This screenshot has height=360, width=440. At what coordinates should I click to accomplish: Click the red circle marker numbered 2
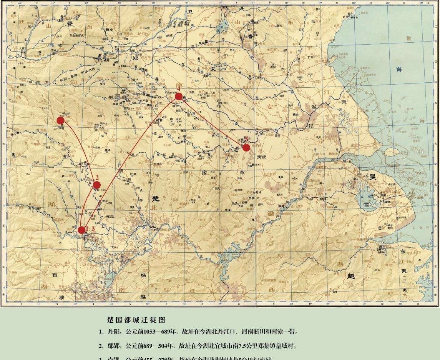97,185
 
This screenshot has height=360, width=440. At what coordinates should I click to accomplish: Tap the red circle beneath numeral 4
178,97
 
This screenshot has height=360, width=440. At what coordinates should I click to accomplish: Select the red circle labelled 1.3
82,230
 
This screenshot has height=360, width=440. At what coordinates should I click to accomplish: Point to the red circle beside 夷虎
246,147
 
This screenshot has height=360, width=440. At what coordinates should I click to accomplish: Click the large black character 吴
372,177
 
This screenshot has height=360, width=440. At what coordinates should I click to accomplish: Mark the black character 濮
61,297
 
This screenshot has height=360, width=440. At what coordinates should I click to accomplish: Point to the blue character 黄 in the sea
408,39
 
